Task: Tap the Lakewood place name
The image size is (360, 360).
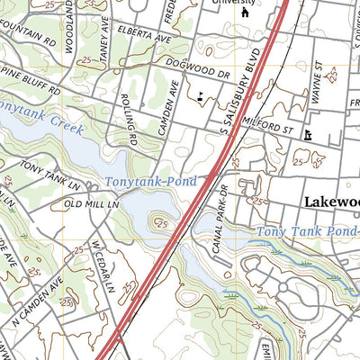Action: [331, 202]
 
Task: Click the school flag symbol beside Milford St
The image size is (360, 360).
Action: [309, 135]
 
